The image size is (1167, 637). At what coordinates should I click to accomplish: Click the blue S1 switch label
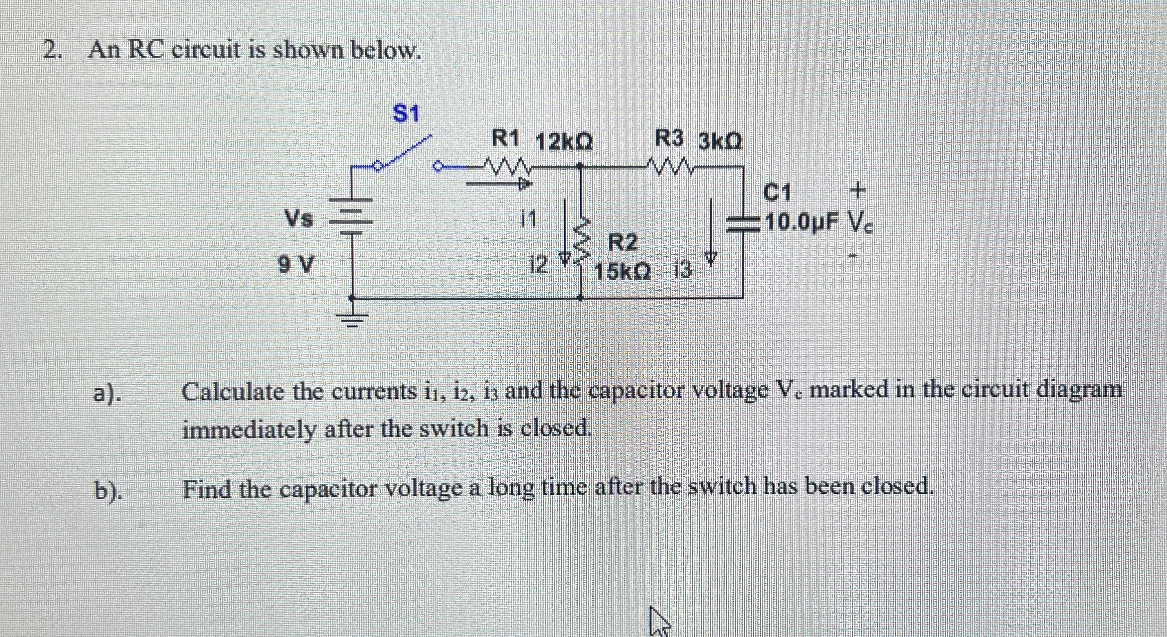click(405, 114)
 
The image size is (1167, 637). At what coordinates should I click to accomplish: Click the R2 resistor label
click(623, 243)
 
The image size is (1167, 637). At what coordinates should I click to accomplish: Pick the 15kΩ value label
click(622, 272)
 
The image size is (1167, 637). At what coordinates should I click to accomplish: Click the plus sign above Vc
click(858, 190)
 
